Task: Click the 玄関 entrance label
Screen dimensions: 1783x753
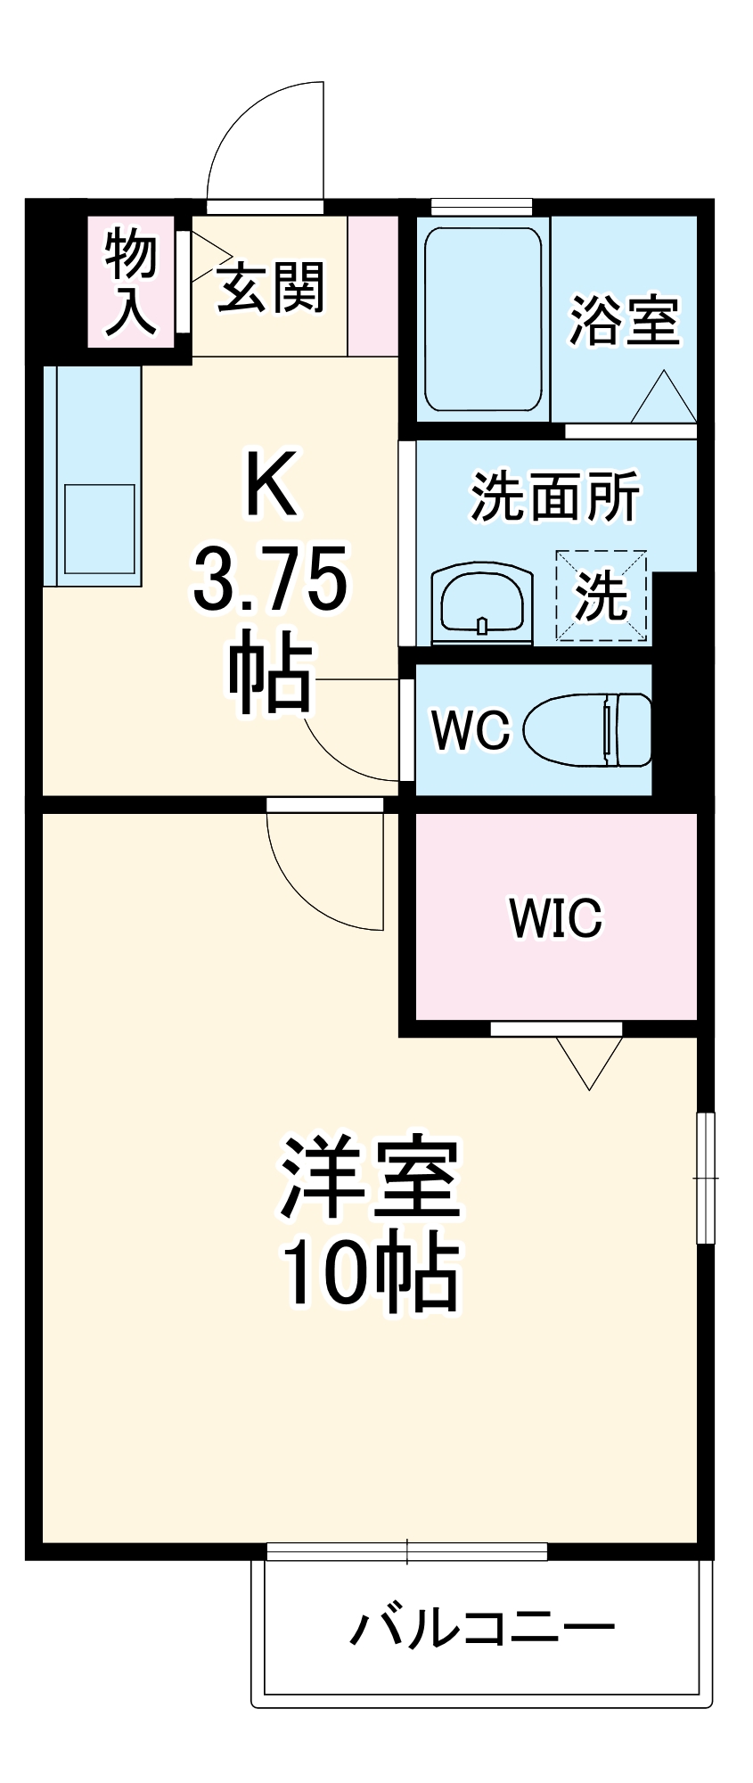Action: pos(271,287)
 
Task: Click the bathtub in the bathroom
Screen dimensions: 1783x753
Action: pos(482,318)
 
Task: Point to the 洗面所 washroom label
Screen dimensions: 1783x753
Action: pos(554,497)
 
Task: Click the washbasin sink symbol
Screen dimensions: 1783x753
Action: pos(482,604)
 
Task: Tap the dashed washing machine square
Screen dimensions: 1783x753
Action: pos(602,595)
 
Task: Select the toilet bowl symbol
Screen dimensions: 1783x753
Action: pos(587,729)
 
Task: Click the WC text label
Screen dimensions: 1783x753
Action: pos(471,729)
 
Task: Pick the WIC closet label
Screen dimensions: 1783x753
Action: pos(556,917)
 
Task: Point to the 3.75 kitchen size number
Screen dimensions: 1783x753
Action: pos(270,580)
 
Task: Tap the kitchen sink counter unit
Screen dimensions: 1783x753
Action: pos(93,476)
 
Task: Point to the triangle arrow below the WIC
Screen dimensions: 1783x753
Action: pos(589,1061)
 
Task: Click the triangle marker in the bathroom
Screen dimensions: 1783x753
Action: pos(663,398)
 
